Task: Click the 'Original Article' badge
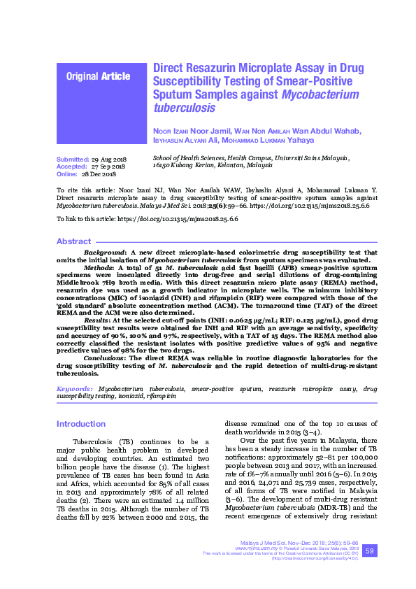point(97,76)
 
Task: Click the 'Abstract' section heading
point(73,241)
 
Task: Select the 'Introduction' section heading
point(81,424)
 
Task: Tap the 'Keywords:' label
point(74,388)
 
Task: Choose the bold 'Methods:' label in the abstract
point(97,267)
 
